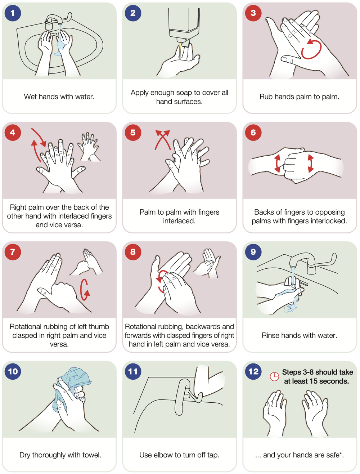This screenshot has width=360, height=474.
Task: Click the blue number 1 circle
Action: coord(13,13)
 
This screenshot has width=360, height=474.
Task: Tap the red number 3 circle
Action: coord(253,13)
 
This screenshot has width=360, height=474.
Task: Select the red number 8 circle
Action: coord(133,252)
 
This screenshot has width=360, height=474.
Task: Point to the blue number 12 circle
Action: coord(253,371)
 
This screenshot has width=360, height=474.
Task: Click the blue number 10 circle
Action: coord(13,371)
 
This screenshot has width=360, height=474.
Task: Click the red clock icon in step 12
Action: coord(274,377)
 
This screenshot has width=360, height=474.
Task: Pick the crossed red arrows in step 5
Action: coord(162,140)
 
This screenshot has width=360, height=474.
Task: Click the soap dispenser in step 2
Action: coord(184,24)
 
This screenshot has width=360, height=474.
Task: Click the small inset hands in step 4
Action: coord(89,147)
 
